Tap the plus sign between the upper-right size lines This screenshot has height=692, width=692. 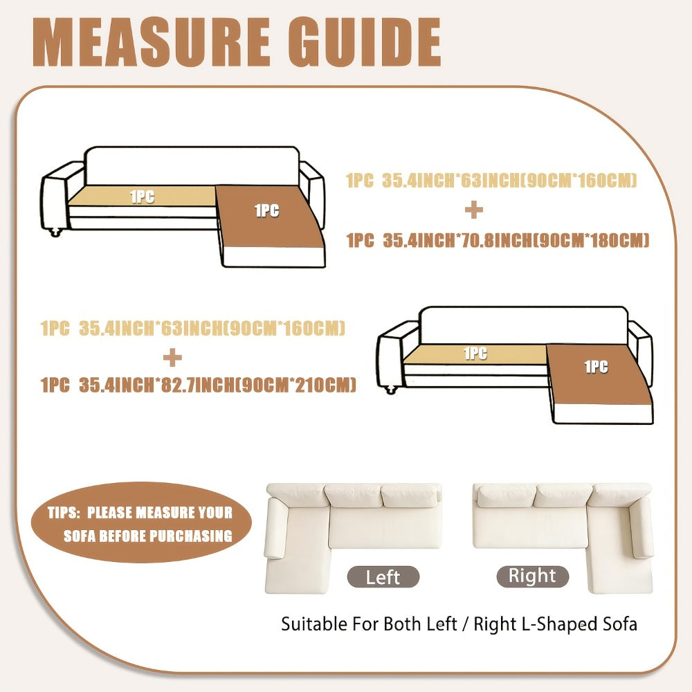474,210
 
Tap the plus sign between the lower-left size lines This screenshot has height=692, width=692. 172,358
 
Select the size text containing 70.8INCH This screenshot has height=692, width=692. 498,241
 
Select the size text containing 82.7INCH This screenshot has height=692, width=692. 198,385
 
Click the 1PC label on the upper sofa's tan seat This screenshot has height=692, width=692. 143,197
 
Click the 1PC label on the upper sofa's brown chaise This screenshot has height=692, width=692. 267,210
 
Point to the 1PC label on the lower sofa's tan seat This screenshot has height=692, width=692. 475,354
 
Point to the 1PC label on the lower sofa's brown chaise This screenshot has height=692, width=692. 597,367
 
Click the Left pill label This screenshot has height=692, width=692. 383,577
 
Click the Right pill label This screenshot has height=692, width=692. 533,576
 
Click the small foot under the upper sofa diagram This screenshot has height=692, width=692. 55,232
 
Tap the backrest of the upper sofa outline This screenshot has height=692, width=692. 192,166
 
